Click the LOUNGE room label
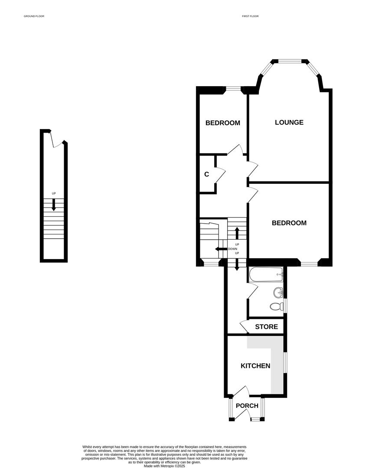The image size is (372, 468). pos(289,122)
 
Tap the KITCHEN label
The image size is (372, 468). pos(255,366)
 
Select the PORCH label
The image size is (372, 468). pos(247,406)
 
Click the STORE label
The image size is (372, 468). pos(266,327)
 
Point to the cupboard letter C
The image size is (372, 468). pos(207,174)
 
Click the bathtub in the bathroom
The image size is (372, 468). pos(266,274)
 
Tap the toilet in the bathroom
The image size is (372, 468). pos(275,307)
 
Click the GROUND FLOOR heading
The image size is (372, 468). pos(34,16)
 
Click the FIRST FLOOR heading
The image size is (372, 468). pos(250,16)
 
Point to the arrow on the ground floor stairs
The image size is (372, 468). pos(54,205)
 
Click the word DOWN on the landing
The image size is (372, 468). pos(232,249)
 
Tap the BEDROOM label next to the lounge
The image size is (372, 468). pos(222,123)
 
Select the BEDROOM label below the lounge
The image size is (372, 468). pos(289,223)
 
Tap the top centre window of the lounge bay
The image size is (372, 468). pos(290,61)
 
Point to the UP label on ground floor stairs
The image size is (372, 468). pos(54,194)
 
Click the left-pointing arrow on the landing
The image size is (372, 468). pos(220,249)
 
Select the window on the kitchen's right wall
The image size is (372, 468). pos(284,362)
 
